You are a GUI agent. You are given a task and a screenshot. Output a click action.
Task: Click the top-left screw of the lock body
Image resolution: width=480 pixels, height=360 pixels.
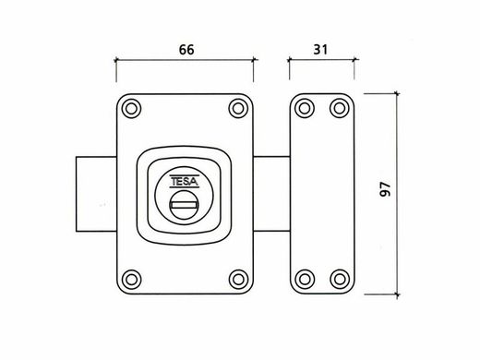130,110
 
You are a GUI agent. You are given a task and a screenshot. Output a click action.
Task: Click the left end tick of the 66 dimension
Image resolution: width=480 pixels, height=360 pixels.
114,63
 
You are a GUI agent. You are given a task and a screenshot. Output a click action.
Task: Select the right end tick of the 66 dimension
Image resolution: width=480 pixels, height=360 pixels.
255,63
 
